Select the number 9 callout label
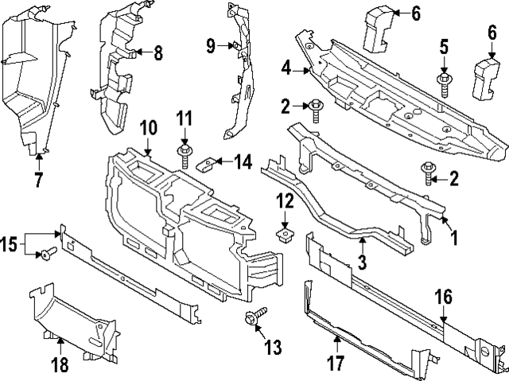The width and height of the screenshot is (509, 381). (210, 46)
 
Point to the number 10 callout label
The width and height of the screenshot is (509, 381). (148, 128)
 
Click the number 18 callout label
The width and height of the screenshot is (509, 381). (60, 364)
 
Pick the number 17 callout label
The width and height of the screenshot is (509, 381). (336, 364)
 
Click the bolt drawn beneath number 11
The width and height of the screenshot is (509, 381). (185, 152)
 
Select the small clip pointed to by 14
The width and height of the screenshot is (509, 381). (206, 165)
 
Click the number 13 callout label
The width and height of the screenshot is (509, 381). (274, 347)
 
